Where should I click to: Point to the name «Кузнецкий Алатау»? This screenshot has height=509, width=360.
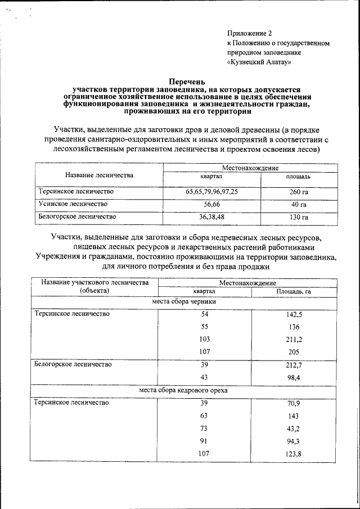coord(259,62)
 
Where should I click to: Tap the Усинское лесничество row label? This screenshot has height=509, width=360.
coord(73,204)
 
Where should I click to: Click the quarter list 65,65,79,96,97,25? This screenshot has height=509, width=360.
coord(211,192)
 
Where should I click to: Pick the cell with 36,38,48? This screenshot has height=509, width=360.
coord(211,216)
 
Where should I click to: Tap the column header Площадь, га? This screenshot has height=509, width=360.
coord(294,291)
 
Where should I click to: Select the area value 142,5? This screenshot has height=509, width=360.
coord(294,316)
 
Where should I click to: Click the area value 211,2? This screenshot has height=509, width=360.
coord(294,340)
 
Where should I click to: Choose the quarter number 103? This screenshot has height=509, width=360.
coord(204,340)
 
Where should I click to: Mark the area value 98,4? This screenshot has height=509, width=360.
coord(295,378)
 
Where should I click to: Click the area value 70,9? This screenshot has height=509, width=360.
coord(294,404)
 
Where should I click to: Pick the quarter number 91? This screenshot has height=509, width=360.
coord(204,441)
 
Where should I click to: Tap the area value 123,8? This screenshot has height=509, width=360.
coord(294,454)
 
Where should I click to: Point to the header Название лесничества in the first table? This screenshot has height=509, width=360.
coord(99,175)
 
